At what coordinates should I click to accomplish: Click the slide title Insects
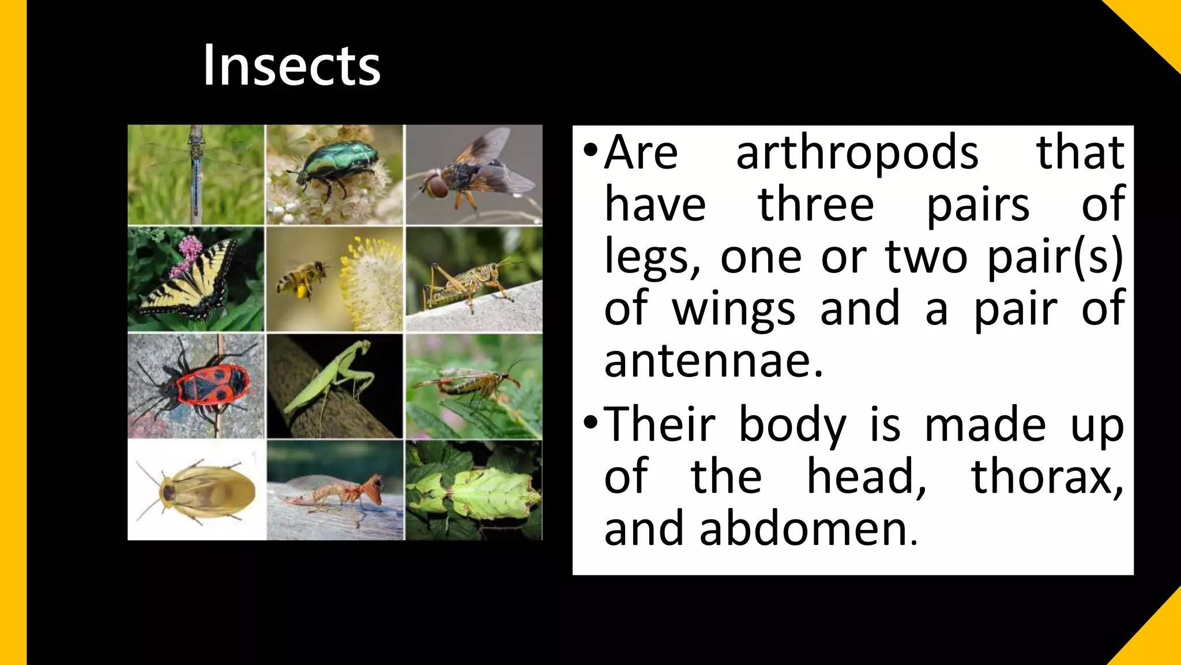(291, 66)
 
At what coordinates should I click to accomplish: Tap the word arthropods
(857, 152)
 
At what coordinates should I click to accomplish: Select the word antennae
(713, 361)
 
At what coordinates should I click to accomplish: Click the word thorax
(1047, 477)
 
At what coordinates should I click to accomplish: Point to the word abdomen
(807, 529)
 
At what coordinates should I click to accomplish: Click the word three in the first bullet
(815, 204)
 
